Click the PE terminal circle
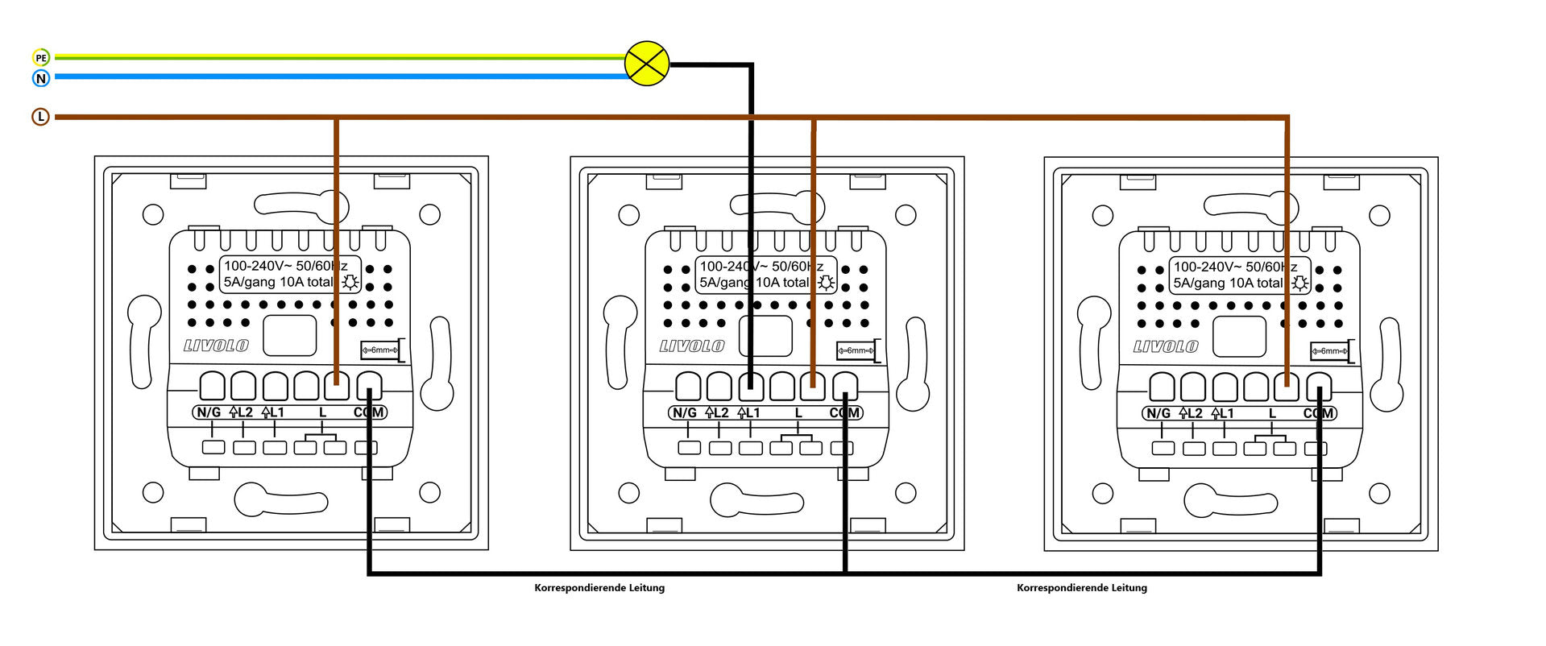41,57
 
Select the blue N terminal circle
41,78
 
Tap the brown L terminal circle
40,117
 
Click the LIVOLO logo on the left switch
216,346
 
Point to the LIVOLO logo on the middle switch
692,346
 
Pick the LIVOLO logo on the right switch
1166,347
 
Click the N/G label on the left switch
208,412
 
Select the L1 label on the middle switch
748,413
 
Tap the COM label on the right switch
1318,413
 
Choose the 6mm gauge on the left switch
380,350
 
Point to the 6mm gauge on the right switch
1330,351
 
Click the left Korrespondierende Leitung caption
599,588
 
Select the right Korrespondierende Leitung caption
1081,588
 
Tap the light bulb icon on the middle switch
827,282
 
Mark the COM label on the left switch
369,412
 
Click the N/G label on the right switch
1158,413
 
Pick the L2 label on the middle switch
716,413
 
